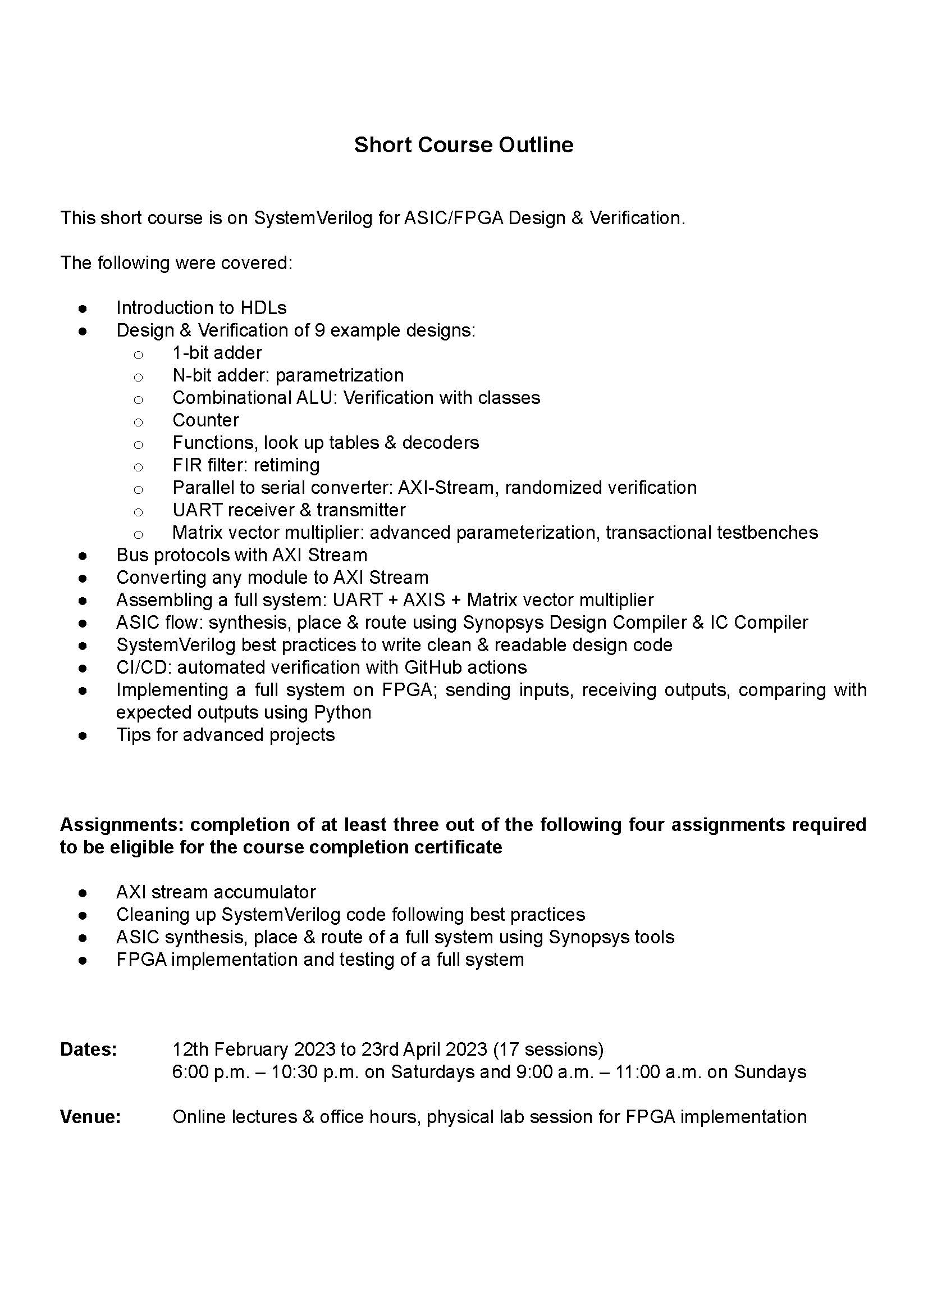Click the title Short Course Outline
463,145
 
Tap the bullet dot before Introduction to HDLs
83,309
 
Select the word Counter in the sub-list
205,420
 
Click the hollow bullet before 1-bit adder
138,355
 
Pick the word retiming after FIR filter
286,465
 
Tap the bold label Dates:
89,1050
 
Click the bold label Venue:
90,1117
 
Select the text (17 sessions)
548,1050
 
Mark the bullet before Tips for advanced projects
83,735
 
